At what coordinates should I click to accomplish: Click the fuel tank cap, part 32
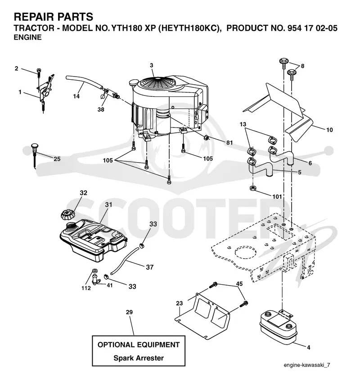tap(67, 215)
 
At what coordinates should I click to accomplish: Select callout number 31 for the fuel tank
tap(108, 205)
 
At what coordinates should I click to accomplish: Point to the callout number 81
tap(229, 143)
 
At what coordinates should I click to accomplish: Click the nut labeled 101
tap(252, 188)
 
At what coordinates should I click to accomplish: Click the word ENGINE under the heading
tap(27, 37)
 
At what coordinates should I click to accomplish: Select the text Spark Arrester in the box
tap(139, 358)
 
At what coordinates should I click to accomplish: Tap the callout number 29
tap(129, 312)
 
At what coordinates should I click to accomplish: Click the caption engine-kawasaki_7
tap(307, 365)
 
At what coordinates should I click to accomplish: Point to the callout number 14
tap(76, 96)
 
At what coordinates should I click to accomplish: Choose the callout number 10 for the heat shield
tap(329, 130)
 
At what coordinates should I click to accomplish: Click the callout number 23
tap(180, 303)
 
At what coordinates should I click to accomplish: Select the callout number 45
tap(239, 284)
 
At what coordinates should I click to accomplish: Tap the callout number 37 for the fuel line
tap(150, 267)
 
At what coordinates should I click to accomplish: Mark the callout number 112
tap(86, 288)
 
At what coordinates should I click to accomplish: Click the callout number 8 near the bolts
tap(302, 66)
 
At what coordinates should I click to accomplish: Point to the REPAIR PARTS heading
tap(54, 17)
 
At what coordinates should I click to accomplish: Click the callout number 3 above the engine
tap(152, 65)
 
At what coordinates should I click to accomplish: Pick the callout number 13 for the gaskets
tap(243, 124)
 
